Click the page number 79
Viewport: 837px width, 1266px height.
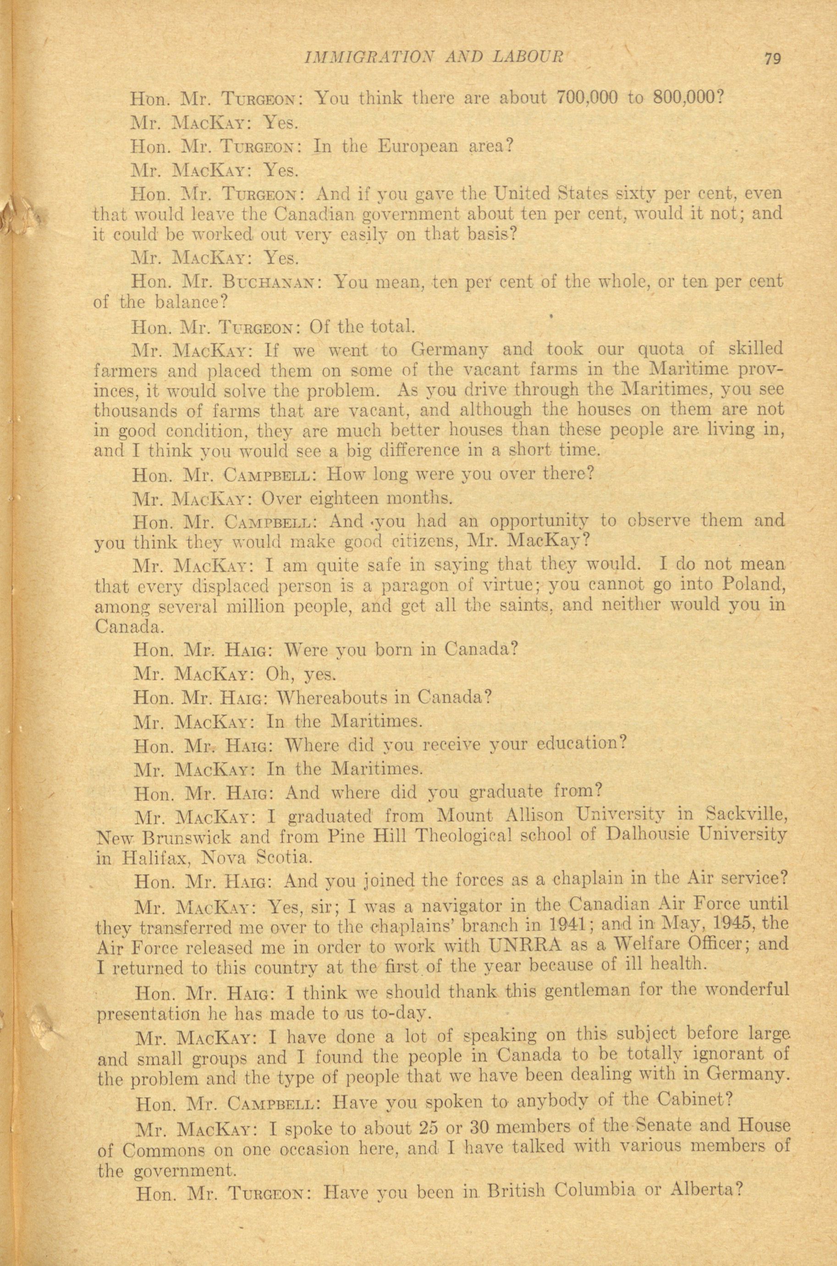point(772,58)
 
